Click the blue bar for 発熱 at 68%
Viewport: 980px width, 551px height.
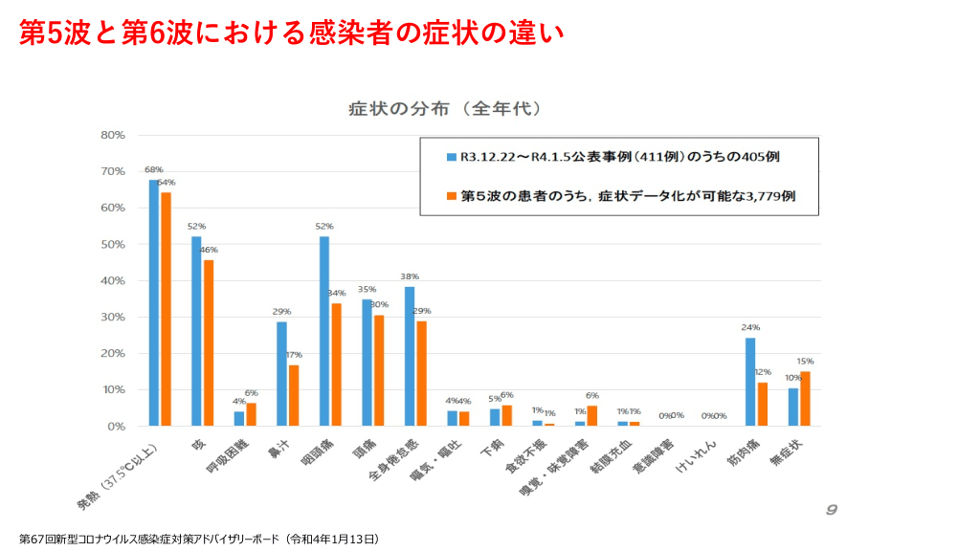click(154, 302)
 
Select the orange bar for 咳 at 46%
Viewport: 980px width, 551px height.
click(209, 342)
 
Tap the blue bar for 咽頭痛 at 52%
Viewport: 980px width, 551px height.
click(324, 331)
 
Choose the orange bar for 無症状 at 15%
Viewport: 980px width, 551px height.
click(805, 398)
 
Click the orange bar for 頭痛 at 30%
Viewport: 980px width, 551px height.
click(379, 370)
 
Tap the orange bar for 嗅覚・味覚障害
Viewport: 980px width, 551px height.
click(592, 415)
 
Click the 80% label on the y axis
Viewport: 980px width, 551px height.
click(113, 135)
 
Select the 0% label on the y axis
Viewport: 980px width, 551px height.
click(116, 426)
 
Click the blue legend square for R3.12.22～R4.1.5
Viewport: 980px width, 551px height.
click(451, 155)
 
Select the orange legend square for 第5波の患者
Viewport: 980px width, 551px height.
click(451, 196)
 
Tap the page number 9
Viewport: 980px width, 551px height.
click(831, 509)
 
